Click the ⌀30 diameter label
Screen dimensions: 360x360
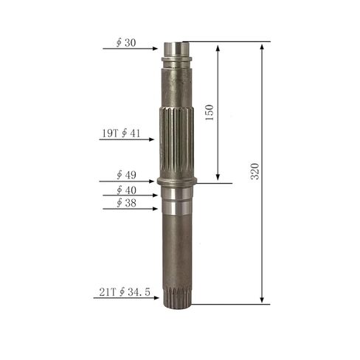[x=126, y=43]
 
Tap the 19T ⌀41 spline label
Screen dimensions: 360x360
[x=121, y=134]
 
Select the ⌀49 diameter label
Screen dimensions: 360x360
[x=126, y=175]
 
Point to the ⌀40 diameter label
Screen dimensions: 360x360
[x=126, y=190]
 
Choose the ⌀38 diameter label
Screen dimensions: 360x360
[x=126, y=203]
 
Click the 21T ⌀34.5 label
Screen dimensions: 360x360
[x=125, y=292]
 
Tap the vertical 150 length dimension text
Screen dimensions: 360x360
[x=210, y=113]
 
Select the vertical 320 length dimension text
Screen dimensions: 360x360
[x=255, y=171]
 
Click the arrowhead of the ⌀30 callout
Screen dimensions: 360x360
[x=155, y=49]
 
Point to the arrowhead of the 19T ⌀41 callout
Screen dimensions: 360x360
[x=151, y=139]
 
